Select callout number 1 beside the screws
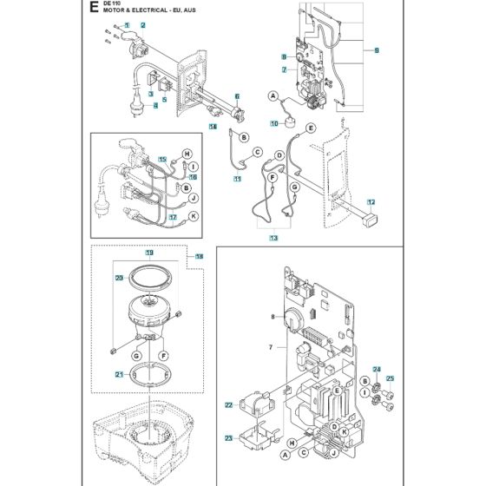(127, 26)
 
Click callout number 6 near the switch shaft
(236, 95)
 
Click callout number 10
(275, 123)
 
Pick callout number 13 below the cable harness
(274, 238)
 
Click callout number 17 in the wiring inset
(174, 217)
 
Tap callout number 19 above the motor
(148, 253)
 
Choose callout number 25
(390, 378)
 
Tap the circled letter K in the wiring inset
(193, 214)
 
